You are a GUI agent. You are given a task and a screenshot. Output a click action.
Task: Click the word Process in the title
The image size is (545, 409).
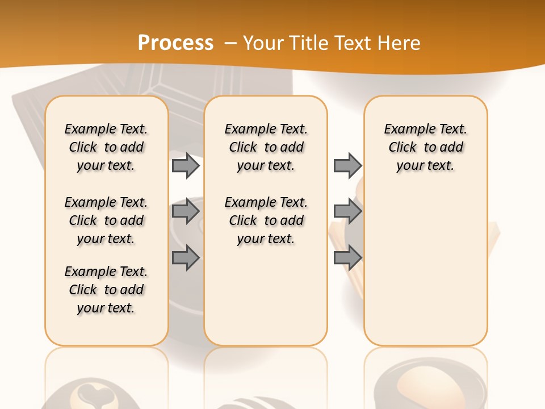[x=175, y=43]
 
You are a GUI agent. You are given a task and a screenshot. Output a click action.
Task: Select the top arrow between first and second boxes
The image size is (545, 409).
[x=186, y=165]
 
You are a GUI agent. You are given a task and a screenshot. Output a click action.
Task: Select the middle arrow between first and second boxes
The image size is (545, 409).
[x=186, y=211]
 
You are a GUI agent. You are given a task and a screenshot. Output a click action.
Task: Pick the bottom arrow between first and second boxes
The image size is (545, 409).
[x=186, y=257]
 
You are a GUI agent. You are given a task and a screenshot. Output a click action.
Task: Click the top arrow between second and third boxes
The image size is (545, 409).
[x=347, y=165]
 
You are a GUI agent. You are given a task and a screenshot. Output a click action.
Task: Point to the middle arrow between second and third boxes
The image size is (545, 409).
[x=347, y=211]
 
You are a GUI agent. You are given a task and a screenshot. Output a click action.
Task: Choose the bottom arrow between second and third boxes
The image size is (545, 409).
[x=347, y=257]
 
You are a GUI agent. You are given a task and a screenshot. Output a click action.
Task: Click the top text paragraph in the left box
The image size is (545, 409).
[x=106, y=147]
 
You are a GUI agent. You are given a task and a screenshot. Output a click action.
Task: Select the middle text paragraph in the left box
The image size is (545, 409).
[x=106, y=220]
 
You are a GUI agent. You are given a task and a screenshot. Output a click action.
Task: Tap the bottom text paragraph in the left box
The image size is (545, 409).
[x=106, y=290]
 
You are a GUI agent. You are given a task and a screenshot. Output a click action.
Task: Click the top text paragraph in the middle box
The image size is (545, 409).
[x=266, y=147]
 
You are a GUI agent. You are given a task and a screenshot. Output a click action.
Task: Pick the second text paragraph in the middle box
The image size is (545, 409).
[x=266, y=220]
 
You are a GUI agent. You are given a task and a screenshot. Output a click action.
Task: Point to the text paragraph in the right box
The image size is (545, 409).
[x=426, y=147]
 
